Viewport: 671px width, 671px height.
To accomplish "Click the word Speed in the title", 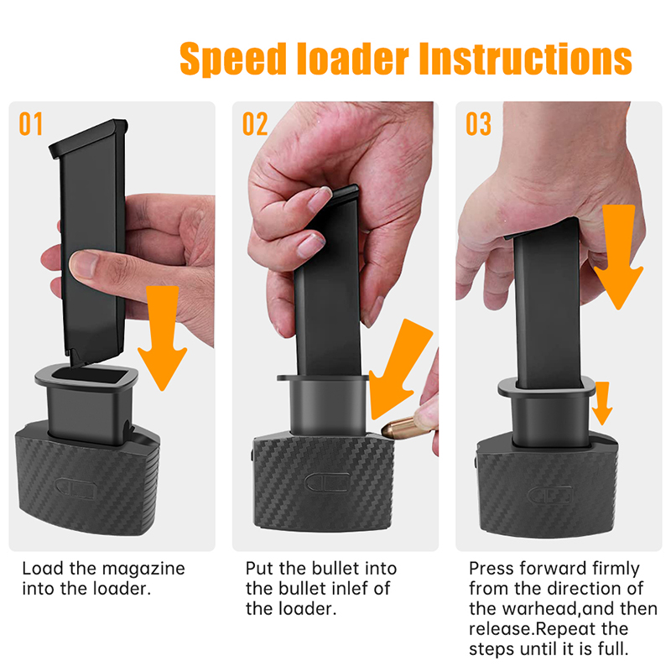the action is coord(233,59).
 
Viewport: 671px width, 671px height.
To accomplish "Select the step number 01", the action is coord(31,124).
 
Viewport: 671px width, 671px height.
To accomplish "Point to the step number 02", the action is coord(255,124).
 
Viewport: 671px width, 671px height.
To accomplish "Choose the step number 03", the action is coord(478,124).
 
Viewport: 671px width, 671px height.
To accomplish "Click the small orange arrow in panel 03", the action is coord(602,403).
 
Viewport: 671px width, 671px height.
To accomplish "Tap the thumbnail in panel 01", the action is coord(85,263).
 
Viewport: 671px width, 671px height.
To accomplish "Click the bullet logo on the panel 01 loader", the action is coord(75,488).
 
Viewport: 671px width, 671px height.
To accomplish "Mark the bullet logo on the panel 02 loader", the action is coord(327,482).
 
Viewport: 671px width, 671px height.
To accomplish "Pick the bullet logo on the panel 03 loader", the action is coord(550,495).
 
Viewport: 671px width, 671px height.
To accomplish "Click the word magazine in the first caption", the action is coord(143,569).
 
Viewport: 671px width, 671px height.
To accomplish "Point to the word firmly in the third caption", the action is coord(616,570).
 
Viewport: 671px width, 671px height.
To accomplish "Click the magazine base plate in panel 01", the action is coord(89,138).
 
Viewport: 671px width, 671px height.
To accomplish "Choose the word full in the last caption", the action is coord(614,648).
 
